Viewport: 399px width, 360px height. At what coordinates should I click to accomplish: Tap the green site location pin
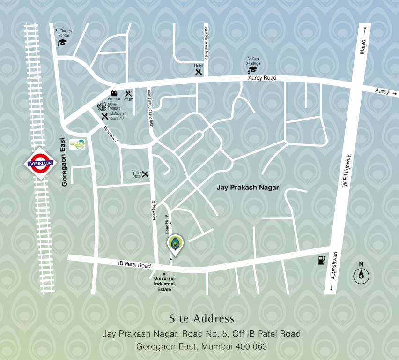(176, 244)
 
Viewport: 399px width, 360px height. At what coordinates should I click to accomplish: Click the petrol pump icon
(321, 260)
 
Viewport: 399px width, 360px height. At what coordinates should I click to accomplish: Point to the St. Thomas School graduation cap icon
(62, 43)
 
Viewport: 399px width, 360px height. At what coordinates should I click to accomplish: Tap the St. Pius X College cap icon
(253, 70)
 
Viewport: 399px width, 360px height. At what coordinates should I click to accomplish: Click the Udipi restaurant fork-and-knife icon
(199, 72)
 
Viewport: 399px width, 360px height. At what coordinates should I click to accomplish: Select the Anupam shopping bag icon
(114, 93)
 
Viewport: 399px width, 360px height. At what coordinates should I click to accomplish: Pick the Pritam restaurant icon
(128, 93)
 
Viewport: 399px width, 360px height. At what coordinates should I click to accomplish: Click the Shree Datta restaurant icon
(145, 174)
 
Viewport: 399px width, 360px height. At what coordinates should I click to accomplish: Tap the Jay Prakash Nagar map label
(247, 187)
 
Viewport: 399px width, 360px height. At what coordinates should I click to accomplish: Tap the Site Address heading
(201, 319)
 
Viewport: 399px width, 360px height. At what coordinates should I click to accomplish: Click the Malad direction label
(362, 47)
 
